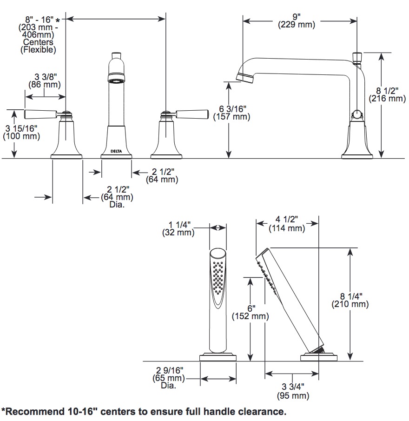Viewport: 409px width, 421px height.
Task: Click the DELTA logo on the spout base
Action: coord(116,151)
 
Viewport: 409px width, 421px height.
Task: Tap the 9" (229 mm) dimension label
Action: coord(297,20)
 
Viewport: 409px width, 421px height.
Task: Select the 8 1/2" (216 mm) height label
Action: coord(387,94)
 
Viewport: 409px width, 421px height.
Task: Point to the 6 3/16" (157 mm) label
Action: coord(232,113)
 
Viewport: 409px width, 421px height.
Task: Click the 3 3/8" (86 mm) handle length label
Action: coord(45,80)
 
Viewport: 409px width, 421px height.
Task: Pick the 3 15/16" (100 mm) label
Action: coord(21,132)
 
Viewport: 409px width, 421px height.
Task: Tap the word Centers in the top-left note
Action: coord(38,42)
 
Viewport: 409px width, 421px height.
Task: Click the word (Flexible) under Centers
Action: coord(38,50)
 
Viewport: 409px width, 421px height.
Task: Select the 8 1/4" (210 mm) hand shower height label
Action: coord(350,300)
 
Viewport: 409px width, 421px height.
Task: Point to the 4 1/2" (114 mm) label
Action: coord(287,224)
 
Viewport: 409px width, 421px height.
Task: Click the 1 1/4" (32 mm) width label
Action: coord(178,228)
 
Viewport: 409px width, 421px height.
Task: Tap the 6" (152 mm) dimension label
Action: coord(250,312)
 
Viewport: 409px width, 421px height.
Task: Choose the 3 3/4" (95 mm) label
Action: coord(293,391)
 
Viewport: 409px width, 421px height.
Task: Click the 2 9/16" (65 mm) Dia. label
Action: coord(169,378)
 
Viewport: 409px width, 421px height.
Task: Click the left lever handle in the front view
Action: coord(40,114)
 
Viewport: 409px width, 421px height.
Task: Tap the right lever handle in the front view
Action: coord(192,114)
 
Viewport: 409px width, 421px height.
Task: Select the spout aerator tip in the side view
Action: coord(245,78)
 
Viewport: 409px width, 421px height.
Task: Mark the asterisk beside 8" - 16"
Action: coord(58,20)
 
